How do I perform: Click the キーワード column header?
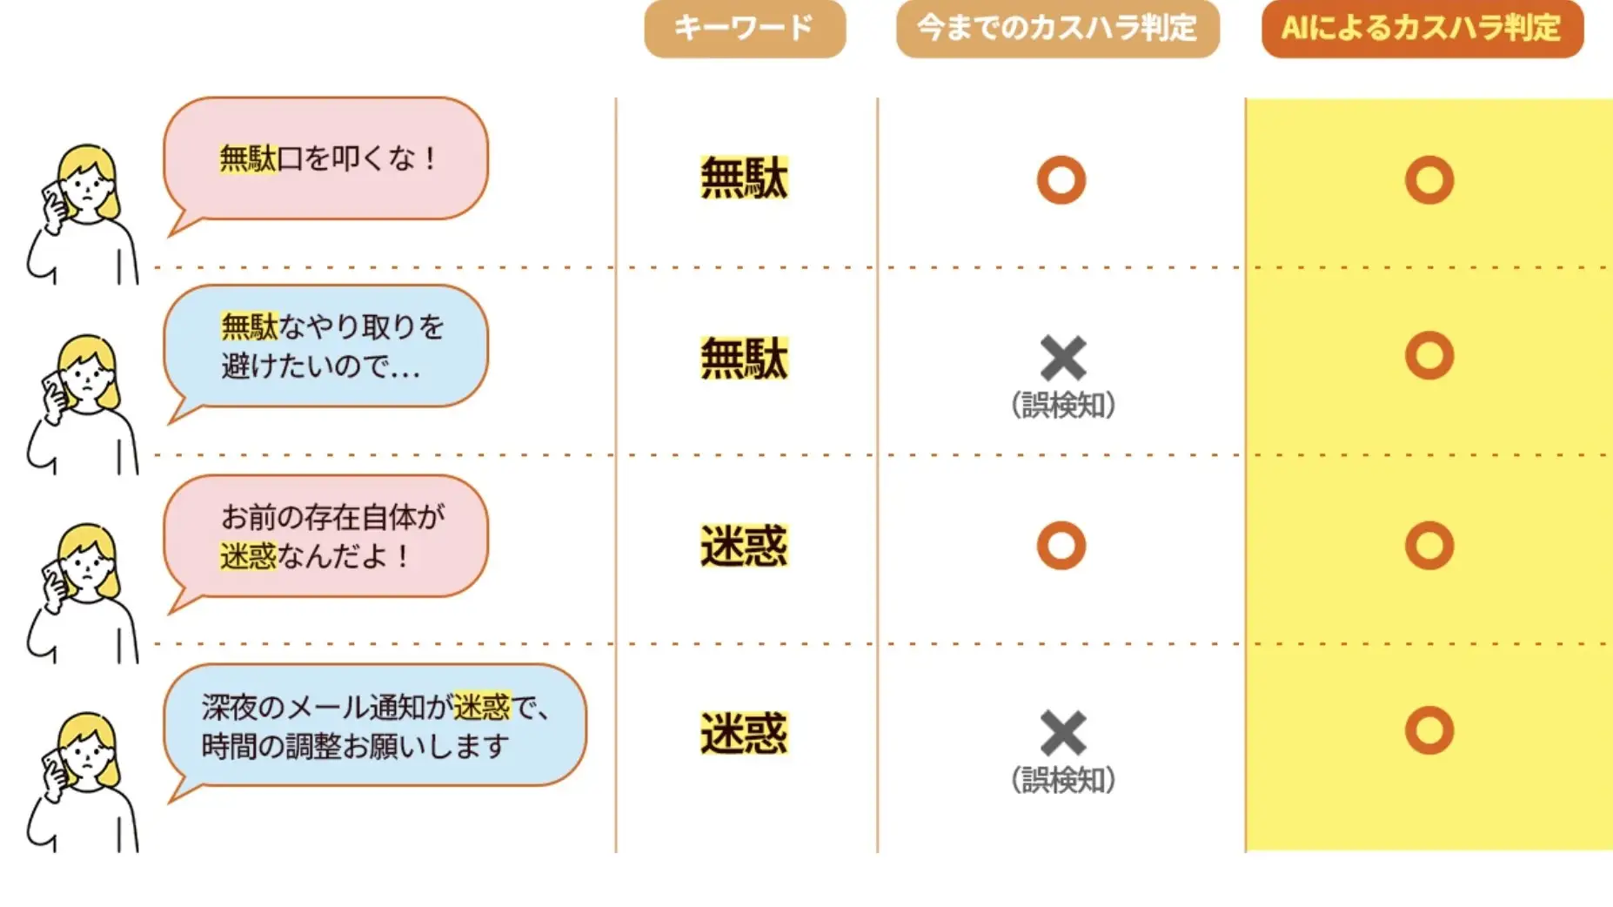coord(745,28)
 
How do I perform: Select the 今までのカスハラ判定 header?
coord(1058,28)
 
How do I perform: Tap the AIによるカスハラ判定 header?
coord(1422,28)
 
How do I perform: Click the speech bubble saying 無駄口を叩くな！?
coord(325,165)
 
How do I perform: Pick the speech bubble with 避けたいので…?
coord(325,352)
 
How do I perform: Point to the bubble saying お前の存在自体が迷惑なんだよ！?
coord(325,541)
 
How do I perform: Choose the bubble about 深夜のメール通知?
coord(375,730)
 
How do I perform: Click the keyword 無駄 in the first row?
coord(744,178)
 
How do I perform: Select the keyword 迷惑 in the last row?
coord(744,733)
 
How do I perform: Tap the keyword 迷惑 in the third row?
coord(744,546)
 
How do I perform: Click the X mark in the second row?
coord(1063,358)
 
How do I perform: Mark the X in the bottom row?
coord(1063,733)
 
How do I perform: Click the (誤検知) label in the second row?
coord(1063,406)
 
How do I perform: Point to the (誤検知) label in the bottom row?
coord(1063,781)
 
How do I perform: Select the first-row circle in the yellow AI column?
coord(1429,158)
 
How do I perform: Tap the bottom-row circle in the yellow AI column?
coord(1429,707)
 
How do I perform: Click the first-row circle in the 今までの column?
coord(1061,158)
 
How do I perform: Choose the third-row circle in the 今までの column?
coord(1061,523)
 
